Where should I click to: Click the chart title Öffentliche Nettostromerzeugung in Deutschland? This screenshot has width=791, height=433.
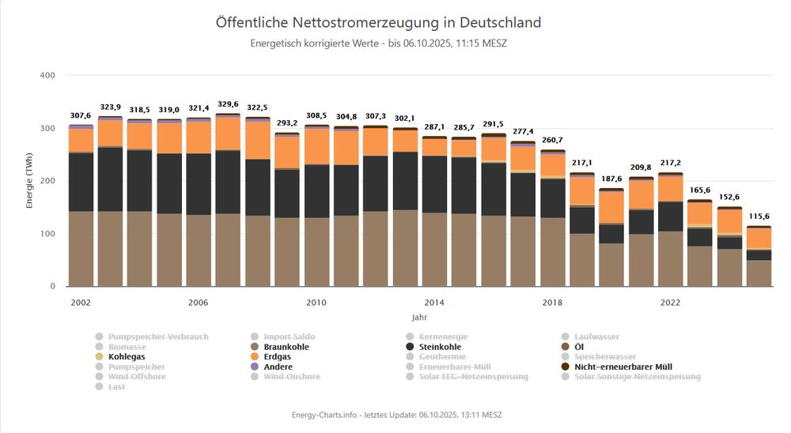378,22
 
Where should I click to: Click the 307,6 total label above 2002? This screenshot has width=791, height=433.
80,116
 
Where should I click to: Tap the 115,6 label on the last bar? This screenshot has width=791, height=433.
759,217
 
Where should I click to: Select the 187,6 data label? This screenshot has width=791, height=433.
611,179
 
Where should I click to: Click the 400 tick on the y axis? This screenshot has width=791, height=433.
47,76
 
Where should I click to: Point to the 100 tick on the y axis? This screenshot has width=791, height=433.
47,234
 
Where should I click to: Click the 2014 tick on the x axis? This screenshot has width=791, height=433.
433,303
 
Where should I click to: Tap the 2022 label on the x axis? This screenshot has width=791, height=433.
670,303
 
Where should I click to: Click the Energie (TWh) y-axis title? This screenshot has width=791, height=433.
29,181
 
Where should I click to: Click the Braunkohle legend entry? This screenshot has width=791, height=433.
286,347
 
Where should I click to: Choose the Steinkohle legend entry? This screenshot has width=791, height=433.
439,347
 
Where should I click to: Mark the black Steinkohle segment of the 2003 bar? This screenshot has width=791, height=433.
110,179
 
